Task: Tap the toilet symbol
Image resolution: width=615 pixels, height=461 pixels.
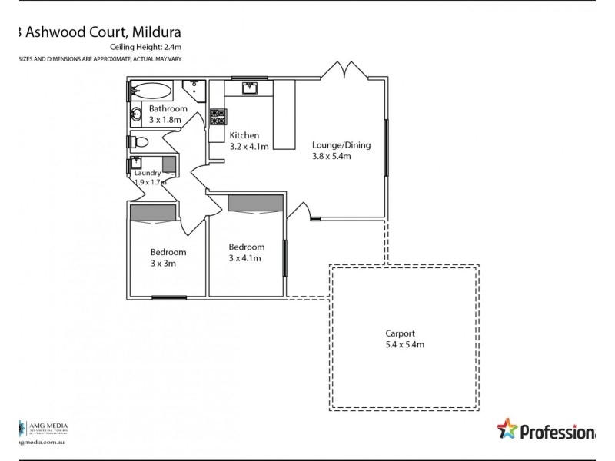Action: tap(138, 142)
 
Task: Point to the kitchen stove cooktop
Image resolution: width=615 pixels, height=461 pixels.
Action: tap(218, 117)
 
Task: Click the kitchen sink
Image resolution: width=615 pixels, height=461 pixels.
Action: tap(248, 88)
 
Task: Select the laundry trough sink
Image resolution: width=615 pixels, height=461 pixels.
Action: tap(138, 164)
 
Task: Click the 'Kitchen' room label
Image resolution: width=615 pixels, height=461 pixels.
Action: tap(244, 135)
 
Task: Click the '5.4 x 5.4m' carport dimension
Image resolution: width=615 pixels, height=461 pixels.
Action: tap(405, 345)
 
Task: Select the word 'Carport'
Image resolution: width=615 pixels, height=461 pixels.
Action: tap(401, 333)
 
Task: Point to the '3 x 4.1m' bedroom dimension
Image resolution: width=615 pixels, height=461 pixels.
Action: tap(246, 258)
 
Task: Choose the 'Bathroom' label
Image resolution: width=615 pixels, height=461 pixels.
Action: tap(168, 109)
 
